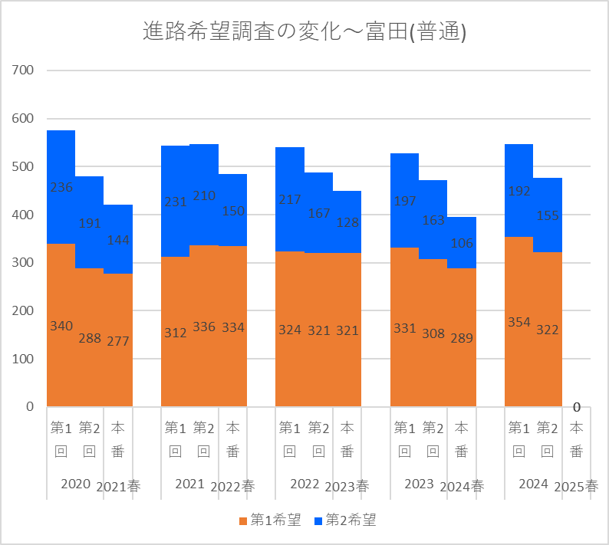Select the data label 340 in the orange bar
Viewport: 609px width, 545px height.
click(61, 326)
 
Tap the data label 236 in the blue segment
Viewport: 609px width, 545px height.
click(61, 188)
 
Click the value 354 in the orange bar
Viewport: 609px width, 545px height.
click(519, 321)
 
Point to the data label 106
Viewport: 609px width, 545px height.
click(463, 244)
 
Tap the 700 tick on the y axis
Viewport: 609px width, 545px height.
click(23, 71)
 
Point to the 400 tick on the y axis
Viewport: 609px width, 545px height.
click(23, 215)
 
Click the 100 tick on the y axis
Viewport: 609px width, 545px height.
click(23, 359)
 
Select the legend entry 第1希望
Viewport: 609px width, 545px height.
click(269, 520)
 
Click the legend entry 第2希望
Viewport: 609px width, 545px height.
click(345, 520)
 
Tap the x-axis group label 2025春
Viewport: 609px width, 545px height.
click(577, 486)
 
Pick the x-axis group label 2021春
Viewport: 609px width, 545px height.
click(119, 486)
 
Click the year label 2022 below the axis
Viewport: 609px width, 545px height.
click(304, 484)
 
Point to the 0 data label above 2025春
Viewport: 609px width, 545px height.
click(577, 407)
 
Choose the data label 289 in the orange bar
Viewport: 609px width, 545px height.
click(463, 337)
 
